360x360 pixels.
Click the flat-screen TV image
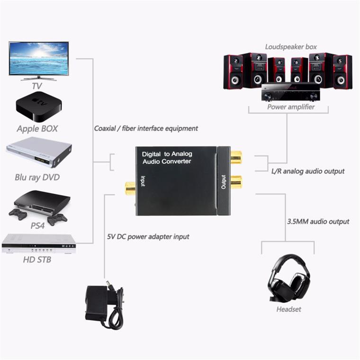point(39,60)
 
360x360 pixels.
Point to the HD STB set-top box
point(38,243)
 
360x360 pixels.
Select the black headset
point(289,279)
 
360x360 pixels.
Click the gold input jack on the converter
point(130,189)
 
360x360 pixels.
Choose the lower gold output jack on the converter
point(235,181)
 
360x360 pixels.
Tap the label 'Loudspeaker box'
point(291,47)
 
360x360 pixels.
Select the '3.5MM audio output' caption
point(318,221)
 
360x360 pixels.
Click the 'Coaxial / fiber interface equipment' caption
point(146,128)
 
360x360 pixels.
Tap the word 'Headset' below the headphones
point(288,309)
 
